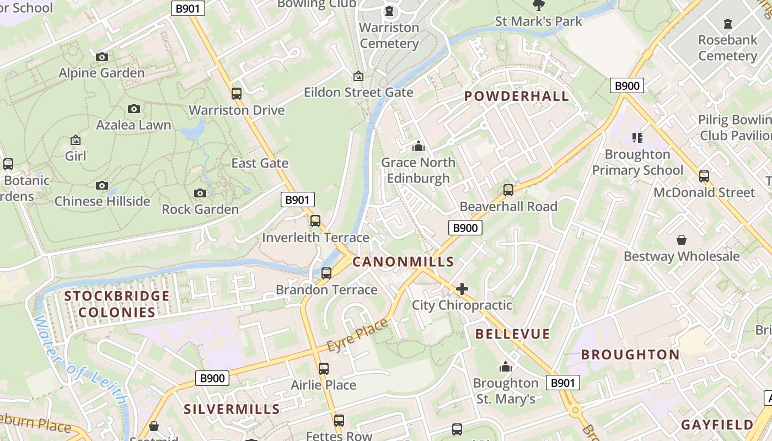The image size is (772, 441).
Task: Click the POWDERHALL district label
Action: [x=516, y=96]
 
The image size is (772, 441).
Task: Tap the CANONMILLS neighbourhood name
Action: [x=403, y=262]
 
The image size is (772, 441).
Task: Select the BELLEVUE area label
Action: [x=512, y=334]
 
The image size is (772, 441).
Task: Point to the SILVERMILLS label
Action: [x=232, y=409]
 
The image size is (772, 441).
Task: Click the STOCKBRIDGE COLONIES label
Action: [x=117, y=304]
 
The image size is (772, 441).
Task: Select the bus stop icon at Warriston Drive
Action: [x=237, y=93]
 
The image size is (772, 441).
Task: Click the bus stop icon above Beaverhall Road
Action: [x=508, y=190]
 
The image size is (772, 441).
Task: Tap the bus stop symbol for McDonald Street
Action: [x=704, y=176]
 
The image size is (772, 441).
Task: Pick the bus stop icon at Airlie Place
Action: [x=324, y=368]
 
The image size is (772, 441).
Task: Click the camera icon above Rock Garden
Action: [x=200, y=193]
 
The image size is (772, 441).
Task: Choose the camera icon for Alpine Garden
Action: [x=102, y=57]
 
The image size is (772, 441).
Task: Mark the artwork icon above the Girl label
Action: [x=76, y=140]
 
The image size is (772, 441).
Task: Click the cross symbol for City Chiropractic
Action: [x=462, y=289]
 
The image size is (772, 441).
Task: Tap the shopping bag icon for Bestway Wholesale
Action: [x=682, y=240]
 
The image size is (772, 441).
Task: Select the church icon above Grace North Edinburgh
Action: [x=419, y=146]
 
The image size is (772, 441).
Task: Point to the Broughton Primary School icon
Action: [x=637, y=137]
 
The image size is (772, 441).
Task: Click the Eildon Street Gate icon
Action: [x=358, y=76]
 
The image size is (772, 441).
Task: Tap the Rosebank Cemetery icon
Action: [x=728, y=24]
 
